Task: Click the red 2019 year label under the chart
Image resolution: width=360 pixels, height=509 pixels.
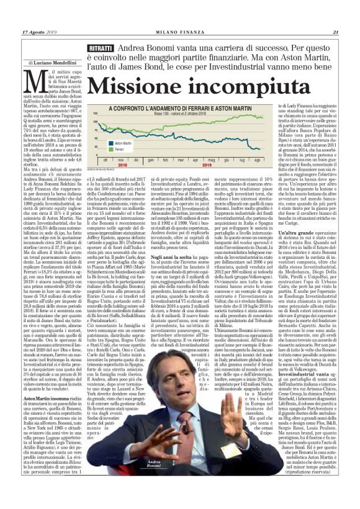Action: (204, 166)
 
